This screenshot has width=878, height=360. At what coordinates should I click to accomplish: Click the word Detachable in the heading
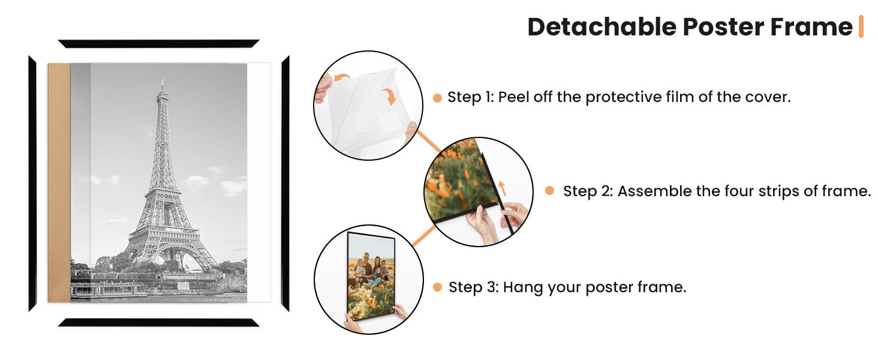pyautogui.click(x=602, y=26)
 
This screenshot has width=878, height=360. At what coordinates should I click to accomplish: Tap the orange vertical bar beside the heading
pyautogui.click(x=861, y=26)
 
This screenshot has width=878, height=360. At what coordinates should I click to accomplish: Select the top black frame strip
pyautogui.click(x=159, y=44)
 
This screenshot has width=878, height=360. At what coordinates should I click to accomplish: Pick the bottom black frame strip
pyautogui.click(x=159, y=322)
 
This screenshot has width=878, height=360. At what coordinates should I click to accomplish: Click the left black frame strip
pyautogui.click(x=32, y=184)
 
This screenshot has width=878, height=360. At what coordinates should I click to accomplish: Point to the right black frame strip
pyautogui.click(x=285, y=184)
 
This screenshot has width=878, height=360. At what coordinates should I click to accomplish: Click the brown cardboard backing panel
pyautogui.click(x=59, y=183)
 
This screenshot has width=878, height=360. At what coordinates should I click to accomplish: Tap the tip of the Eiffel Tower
pyautogui.click(x=163, y=79)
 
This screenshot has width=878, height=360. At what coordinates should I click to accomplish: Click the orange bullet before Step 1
pyautogui.click(x=437, y=98)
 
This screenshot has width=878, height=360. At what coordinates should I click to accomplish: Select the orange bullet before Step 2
pyautogui.click(x=549, y=191)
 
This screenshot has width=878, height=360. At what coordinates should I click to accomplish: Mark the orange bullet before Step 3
pyautogui.click(x=437, y=287)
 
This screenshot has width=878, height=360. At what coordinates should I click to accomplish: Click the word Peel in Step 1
pyautogui.click(x=513, y=97)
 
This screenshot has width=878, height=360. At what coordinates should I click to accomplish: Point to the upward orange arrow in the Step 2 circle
pyautogui.click(x=502, y=188)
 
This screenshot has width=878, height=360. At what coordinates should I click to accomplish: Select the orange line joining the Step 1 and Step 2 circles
pyautogui.click(x=428, y=141)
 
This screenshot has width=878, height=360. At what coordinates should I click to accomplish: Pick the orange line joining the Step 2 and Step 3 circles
pyautogui.click(x=424, y=236)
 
